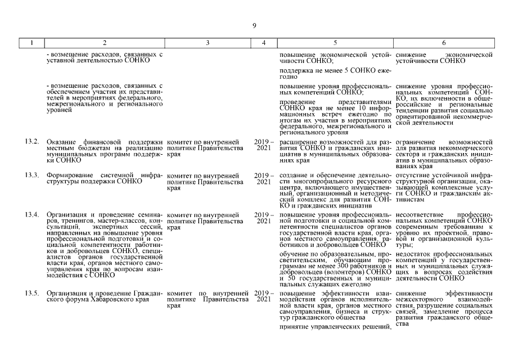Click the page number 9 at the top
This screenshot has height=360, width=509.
[x=254, y=25]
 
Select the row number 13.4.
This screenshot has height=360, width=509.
[x=32, y=215]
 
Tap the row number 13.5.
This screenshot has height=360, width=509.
[x=32, y=294]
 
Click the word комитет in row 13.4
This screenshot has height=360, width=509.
[x=179, y=215]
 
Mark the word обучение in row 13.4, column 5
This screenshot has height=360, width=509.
[x=294, y=255]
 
